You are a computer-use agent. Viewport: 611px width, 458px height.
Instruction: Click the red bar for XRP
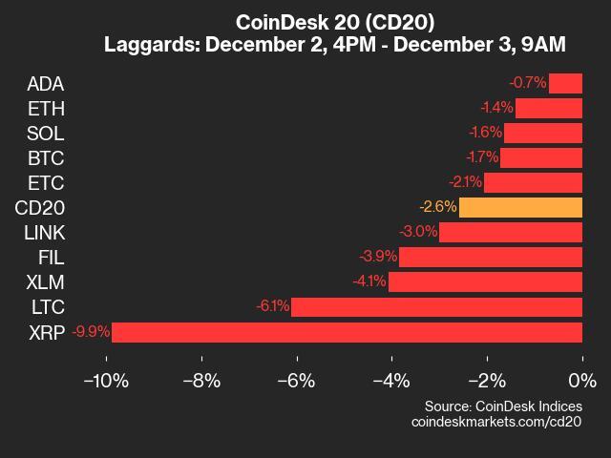347,332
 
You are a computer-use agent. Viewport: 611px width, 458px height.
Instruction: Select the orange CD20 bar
520,207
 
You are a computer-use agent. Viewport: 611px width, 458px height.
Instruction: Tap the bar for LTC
436,307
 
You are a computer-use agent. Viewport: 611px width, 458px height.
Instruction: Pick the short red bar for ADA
565,83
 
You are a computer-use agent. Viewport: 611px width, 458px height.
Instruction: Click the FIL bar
491,258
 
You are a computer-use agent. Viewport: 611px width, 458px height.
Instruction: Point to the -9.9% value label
91,332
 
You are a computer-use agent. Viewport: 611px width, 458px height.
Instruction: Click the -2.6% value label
437,207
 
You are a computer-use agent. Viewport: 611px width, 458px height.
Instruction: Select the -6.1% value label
271,307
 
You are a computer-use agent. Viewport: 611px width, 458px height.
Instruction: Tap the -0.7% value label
527,83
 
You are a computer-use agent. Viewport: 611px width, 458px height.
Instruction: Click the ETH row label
45,108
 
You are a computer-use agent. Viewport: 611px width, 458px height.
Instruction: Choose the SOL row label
45,133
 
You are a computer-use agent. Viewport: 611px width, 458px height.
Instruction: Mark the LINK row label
44,232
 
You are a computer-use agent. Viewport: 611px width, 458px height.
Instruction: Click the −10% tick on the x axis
105,381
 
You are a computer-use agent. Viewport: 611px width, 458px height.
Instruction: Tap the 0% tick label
581,381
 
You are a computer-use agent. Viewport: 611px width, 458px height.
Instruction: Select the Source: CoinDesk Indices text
503,406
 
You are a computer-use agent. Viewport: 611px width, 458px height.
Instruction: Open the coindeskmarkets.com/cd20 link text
495,421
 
